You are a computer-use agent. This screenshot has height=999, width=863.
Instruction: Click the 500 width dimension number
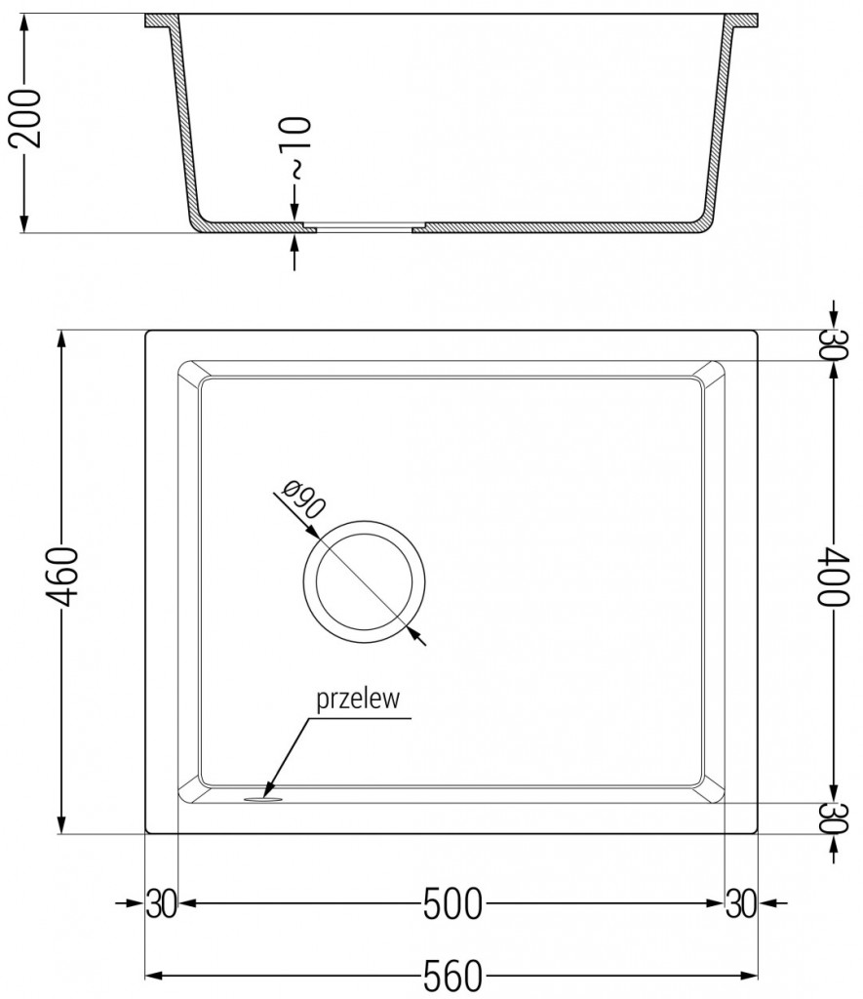(x=452, y=904)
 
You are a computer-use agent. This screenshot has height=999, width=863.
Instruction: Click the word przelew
(x=352, y=699)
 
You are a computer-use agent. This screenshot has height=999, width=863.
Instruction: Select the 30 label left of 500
(x=161, y=904)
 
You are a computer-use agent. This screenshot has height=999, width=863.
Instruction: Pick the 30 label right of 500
(x=741, y=904)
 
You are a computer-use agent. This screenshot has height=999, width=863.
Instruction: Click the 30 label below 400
(x=831, y=818)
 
